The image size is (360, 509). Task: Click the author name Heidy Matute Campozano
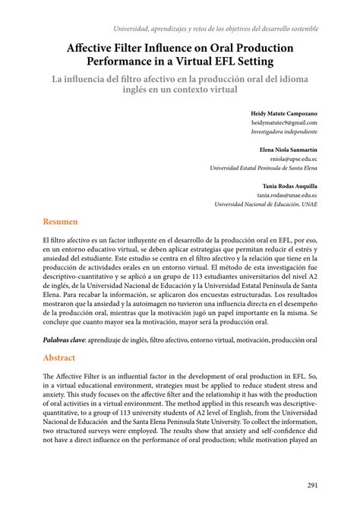[284, 112]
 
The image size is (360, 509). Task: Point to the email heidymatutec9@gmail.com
[285, 122]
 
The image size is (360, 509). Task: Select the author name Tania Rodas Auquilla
[290, 185]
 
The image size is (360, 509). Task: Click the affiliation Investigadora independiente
[285, 131]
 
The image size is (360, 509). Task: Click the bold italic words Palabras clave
[64, 341]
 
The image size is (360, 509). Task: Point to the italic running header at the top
[216, 28]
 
